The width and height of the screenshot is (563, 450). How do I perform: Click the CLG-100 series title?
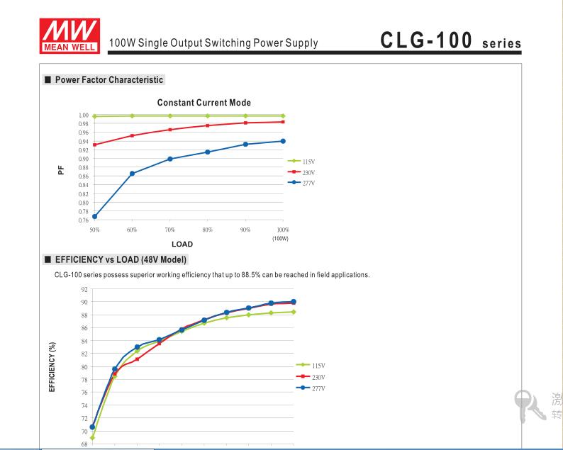point(450,40)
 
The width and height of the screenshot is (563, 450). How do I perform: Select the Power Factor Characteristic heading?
point(109,80)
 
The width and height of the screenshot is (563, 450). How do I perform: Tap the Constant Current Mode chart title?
point(204,103)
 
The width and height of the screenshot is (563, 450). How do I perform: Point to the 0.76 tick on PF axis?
point(84,220)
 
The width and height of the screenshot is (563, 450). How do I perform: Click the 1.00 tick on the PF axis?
point(84,116)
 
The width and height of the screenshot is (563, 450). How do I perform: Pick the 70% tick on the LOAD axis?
point(169,230)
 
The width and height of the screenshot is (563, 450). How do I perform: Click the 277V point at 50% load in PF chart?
point(94,216)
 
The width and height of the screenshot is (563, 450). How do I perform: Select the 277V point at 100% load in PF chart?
point(283,141)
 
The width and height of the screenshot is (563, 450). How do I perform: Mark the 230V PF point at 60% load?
point(132,135)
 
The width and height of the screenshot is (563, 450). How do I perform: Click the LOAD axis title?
point(182,244)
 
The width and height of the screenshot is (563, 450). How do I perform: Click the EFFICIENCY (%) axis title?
point(52,367)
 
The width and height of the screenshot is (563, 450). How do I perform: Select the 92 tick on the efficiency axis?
point(84,289)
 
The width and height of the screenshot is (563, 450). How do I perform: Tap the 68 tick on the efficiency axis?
point(84,444)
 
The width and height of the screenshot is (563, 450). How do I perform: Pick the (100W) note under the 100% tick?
point(281,238)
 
